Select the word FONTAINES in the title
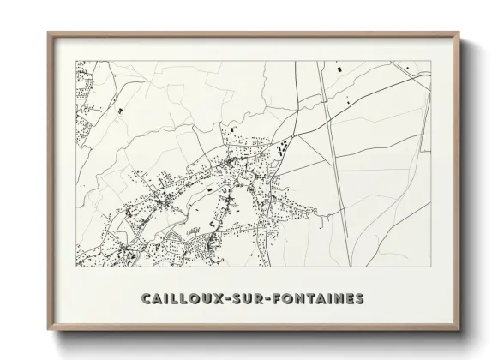(321, 299)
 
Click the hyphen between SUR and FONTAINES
(278, 299)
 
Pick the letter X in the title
(218, 299)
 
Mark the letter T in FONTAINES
(319, 299)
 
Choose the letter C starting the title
(144, 299)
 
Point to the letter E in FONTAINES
(350, 299)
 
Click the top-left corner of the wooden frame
(48, 33)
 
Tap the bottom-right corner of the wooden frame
(460, 329)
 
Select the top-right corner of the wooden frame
(460, 33)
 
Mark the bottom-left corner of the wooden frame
(48, 329)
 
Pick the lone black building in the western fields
(120, 111)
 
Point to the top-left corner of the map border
(76, 61)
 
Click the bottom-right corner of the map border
(430, 267)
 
